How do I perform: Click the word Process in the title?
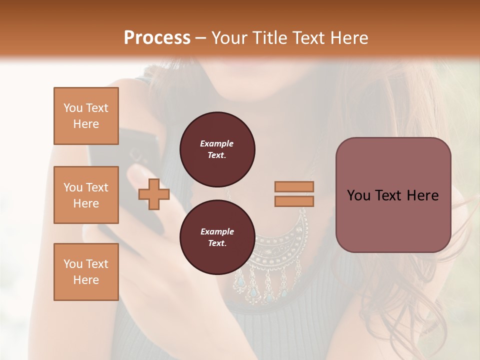(x=157, y=38)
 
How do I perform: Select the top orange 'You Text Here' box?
(x=86, y=116)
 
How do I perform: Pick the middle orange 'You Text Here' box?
(x=86, y=195)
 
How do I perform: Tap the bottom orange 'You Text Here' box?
(x=86, y=271)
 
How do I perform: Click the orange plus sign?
(x=154, y=194)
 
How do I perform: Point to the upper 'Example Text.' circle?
(x=217, y=149)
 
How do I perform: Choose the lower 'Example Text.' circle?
(x=217, y=237)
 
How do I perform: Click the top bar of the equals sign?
(x=294, y=186)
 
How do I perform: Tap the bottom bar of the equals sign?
(x=294, y=201)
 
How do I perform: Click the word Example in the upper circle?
(x=217, y=143)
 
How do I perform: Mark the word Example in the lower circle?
(x=217, y=231)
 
